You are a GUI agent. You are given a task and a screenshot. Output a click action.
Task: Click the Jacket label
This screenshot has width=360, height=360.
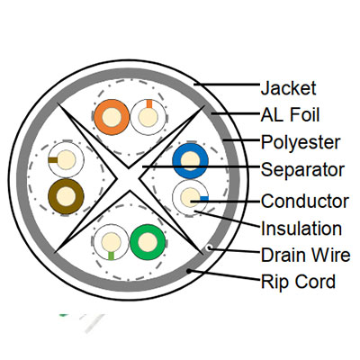pyautogui.click(x=288, y=88)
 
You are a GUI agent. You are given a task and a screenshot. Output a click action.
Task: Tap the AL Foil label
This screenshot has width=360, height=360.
pyautogui.click(x=290, y=115)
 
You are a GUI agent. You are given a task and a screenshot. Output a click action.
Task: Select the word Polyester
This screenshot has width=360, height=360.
pyautogui.click(x=301, y=142)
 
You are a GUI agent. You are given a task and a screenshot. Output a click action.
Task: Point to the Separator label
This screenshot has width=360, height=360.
pyautogui.click(x=302, y=170)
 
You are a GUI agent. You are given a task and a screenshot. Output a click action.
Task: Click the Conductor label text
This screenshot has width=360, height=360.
pyautogui.click(x=304, y=201)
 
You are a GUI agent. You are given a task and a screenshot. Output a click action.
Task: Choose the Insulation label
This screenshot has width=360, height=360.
pyautogui.click(x=301, y=229)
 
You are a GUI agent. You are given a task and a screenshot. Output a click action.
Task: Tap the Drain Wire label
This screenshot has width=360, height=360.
pyautogui.click(x=305, y=255)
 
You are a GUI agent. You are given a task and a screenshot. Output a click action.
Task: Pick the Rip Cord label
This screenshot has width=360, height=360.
pyautogui.click(x=298, y=282)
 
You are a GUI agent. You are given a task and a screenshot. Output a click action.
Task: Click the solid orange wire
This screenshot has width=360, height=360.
pyautogui.click(x=112, y=117)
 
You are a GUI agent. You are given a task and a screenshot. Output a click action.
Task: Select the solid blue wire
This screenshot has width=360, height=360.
pyautogui.click(x=190, y=161)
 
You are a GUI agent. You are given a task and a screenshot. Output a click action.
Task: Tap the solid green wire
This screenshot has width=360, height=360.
pyautogui.click(x=148, y=242)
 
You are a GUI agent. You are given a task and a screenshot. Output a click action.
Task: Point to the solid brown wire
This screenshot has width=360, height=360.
pyautogui.click(x=66, y=197)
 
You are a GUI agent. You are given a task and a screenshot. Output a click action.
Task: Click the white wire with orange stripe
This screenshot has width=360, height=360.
pyautogui.click(x=148, y=117)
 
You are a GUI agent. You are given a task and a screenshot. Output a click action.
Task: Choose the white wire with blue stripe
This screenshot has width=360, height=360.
pyautogui.click(x=190, y=198)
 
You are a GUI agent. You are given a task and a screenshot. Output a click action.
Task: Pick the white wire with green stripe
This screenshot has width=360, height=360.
pyautogui.click(x=111, y=242)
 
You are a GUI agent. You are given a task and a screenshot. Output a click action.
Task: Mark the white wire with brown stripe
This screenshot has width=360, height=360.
pyautogui.click(x=66, y=159)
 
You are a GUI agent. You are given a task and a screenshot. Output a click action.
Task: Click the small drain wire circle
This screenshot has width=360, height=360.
pyautogui.click(x=209, y=247)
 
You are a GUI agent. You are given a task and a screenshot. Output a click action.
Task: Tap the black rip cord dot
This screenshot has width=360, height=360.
pyautogui.click(x=188, y=271)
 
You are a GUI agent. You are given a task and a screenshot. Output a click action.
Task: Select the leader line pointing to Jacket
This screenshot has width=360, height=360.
pyautogui.click(x=227, y=85)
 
